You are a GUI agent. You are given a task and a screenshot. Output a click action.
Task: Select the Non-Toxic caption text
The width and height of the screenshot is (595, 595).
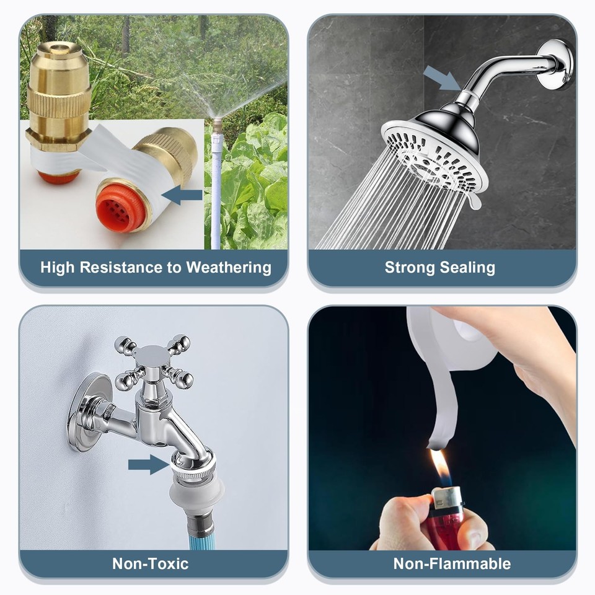(x=150, y=563)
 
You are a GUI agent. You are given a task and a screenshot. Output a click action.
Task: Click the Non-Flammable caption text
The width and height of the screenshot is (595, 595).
(x=452, y=563)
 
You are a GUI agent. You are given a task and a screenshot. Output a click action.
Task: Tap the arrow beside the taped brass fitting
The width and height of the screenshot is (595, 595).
(x=185, y=196)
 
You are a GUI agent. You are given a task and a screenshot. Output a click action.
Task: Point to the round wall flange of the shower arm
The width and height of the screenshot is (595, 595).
(x=555, y=64)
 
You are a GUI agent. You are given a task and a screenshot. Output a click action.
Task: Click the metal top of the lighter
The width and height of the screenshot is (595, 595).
(x=448, y=496)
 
